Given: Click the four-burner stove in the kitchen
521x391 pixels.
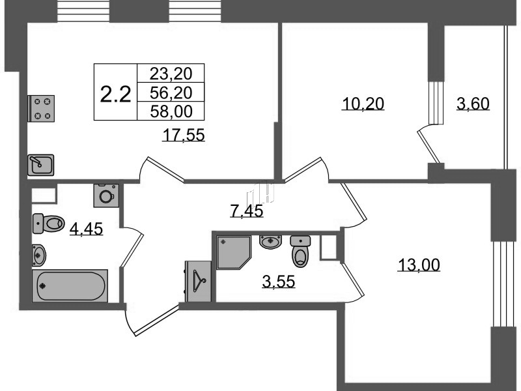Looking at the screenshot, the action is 41,108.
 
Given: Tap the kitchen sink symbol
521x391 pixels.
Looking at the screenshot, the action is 40,165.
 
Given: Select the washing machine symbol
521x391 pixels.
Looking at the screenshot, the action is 106,195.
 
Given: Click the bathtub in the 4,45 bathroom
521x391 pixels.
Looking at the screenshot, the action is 70,285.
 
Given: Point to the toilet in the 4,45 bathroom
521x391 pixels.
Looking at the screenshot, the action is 48,224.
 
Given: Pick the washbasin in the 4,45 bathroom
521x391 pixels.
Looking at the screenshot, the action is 39,255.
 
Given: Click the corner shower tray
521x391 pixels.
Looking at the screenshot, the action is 234,252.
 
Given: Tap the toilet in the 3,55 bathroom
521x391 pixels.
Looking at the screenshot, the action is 300,252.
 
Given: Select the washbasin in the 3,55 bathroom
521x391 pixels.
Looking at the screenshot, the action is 270,242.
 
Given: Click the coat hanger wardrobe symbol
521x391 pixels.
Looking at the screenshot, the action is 199,282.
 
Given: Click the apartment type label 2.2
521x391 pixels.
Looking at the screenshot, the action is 116,94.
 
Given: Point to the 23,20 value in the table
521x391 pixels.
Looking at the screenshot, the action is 171,74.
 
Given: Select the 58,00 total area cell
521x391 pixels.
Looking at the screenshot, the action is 171,111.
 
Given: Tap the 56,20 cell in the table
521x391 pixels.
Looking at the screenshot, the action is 171,93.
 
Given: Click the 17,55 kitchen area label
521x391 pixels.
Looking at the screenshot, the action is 184,136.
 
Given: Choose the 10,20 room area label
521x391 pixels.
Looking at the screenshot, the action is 363,104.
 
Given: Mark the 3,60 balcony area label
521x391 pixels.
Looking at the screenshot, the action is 473,104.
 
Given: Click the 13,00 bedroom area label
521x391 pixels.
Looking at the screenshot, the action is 419,265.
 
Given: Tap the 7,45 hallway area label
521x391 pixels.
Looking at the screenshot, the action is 247,210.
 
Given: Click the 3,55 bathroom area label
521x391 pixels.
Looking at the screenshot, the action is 279,282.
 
